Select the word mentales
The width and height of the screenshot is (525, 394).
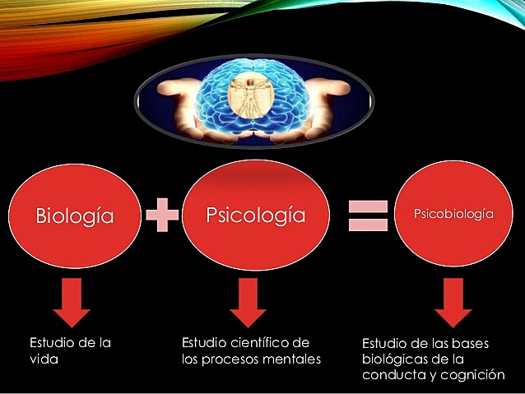coord(291,359)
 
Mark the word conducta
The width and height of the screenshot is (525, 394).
coord(392,375)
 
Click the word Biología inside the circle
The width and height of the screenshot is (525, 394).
coord(74,217)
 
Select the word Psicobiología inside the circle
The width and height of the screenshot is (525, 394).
coord(452,214)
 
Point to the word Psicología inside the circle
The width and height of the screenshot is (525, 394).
coord(254,216)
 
